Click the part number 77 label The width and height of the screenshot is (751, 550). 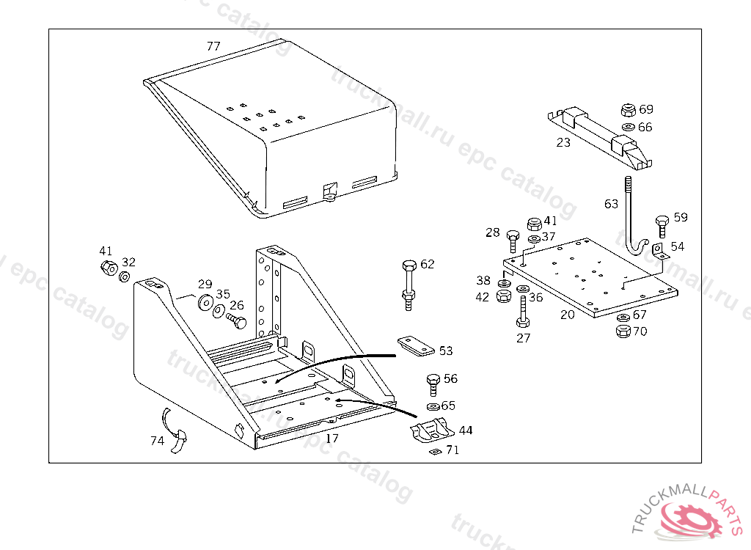pos(213,46)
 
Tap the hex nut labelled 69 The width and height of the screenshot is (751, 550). pos(627,111)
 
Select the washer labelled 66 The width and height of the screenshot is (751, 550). pos(627,128)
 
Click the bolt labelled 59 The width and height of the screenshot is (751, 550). pos(662,224)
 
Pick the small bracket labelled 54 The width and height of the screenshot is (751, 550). pos(658,251)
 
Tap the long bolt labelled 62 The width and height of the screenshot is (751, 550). pos(409,282)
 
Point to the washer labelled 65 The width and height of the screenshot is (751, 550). pos(433,406)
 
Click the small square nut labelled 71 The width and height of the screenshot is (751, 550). pos(435,452)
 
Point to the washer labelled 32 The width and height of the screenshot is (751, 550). pos(125,276)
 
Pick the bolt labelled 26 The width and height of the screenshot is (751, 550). pos(236,320)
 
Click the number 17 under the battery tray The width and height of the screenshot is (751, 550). pos(332,439)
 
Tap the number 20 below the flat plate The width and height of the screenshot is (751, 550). pos(567,315)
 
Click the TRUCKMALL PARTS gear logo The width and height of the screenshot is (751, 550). pos(690,518)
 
